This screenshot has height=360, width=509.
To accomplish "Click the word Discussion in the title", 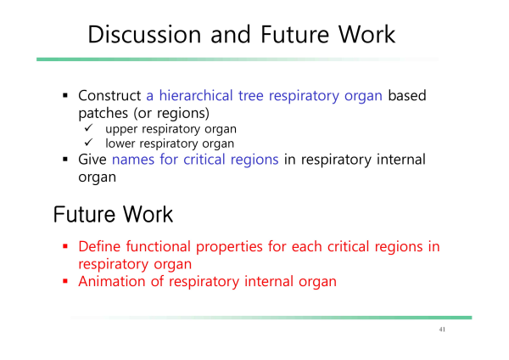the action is (x=144, y=34).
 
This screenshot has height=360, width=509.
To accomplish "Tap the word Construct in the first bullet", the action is (x=109, y=96).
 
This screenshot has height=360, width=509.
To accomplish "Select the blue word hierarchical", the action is (x=196, y=96).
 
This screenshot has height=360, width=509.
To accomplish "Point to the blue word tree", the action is (x=250, y=96).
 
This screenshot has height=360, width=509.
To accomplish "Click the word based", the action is (x=407, y=96).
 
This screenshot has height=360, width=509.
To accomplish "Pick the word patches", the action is (x=103, y=114).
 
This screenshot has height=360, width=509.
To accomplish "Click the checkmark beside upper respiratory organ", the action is (x=88, y=127).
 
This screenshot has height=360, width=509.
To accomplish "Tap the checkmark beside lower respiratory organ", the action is (x=88, y=143).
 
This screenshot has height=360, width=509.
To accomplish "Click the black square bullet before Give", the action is (x=65, y=160).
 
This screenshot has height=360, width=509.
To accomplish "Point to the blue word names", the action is (x=133, y=160).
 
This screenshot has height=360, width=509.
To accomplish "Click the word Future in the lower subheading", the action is (x=84, y=215).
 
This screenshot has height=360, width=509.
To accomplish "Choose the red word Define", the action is (x=99, y=246).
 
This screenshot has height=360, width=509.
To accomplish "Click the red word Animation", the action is (x=112, y=281).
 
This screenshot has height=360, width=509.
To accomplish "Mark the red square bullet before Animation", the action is (x=65, y=281).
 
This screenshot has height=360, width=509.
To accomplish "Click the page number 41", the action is (x=442, y=329).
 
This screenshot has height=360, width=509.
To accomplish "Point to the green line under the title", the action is (x=238, y=59).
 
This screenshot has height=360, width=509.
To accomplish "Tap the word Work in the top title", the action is (x=366, y=34).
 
